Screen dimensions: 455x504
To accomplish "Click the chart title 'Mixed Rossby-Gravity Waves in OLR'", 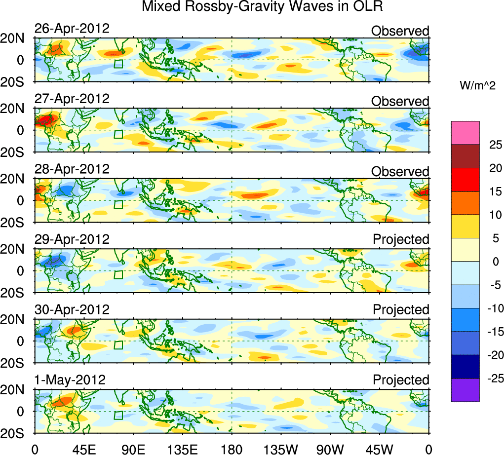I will point(262,7).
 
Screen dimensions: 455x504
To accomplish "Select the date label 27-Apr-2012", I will point(72,99).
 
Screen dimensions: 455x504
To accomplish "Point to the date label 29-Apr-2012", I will point(72,239).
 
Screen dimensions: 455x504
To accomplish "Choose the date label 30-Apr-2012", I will point(72,310).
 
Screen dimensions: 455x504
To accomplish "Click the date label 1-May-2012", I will point(70,380).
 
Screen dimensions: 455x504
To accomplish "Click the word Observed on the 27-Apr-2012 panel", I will point(400,101).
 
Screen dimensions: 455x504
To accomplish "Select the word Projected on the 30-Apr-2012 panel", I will point(401,310).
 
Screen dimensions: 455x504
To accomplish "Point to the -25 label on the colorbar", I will point(493,379).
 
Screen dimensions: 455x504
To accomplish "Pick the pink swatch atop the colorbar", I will point(465,133).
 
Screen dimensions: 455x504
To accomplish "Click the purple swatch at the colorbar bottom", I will point(465,390).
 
